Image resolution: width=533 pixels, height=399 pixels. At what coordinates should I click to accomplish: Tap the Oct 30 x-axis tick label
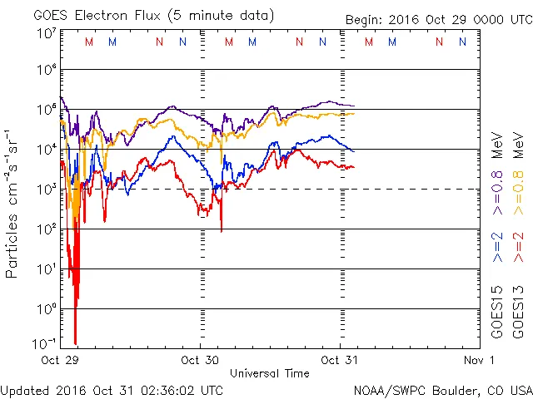[x=199, y=360]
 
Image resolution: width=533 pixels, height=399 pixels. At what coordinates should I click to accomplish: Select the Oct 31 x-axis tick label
[x=339, y=360]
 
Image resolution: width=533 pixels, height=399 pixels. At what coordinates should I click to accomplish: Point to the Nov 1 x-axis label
[x=479, y=360]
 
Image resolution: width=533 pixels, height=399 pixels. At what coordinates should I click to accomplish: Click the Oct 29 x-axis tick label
[x=59, y=360]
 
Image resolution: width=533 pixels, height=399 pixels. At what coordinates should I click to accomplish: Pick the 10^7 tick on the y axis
[x=46, y=34]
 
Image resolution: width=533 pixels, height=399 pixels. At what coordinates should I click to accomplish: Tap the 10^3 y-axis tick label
[x=46, y=190]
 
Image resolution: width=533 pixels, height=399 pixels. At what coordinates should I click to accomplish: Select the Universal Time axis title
[x=270, y=373]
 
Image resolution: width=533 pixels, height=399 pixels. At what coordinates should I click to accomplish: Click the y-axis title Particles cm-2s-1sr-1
[x=13, y=204]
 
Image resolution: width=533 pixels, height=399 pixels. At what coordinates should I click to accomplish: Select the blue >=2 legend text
[x=496, y=246]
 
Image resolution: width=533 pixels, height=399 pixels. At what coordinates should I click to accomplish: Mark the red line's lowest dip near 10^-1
[x=76, y=342]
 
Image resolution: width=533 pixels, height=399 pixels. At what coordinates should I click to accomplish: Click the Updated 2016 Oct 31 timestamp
[x=112, y=389]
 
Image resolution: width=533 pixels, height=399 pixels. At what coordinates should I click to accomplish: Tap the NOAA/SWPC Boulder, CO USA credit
[x=442, y=389]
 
